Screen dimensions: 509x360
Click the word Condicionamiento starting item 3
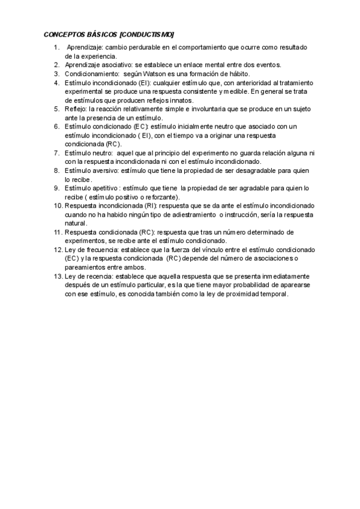tap(89, 74)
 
